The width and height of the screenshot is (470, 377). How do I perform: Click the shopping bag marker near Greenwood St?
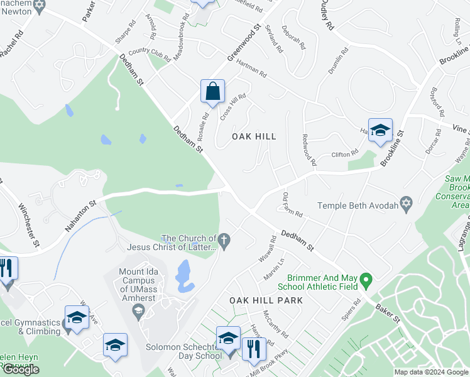click(x=213, y=91)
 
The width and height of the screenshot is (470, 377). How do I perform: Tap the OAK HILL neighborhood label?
click(x=254, y=136)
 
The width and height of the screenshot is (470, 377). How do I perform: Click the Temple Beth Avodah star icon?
click(x=407, y=205)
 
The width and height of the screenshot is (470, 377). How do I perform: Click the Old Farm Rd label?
click(x=293, y=205)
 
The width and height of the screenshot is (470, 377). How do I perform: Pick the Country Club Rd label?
click(x=150, y=55)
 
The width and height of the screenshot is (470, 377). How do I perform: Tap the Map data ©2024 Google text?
click(x=430, y=372)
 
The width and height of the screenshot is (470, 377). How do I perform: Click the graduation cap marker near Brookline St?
click(x=380, y=131)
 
